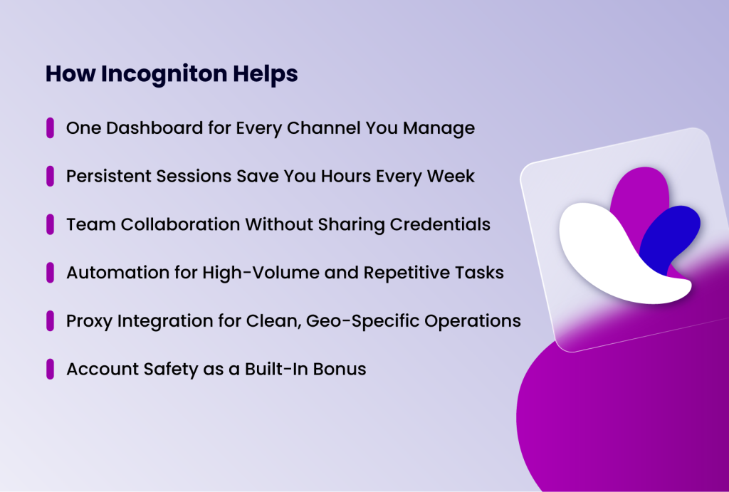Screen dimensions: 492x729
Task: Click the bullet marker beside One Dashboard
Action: (50, 128)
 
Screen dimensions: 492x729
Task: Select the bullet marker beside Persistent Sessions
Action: (50, 176)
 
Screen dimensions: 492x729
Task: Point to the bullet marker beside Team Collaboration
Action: (50, 224)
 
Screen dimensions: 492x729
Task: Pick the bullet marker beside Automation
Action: (50, 272)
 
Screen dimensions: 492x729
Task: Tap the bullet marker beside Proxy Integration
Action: (50, 320)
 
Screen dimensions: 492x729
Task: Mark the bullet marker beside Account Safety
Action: (50, 369)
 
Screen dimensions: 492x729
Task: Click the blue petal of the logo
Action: (673, 231)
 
